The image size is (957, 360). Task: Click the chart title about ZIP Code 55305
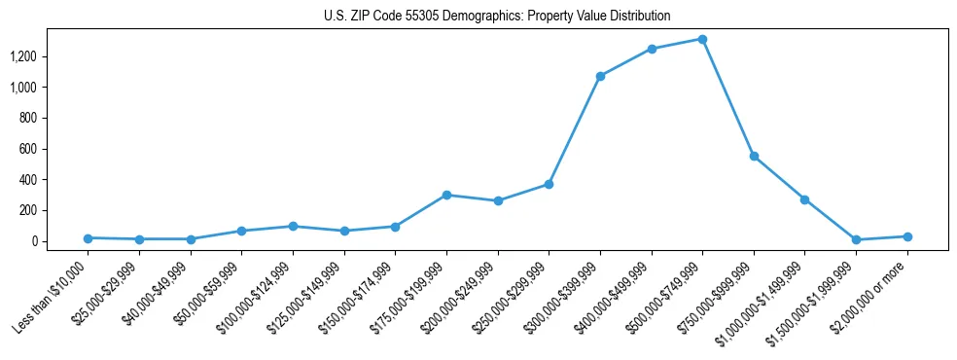497,17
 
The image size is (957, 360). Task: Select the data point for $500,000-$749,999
702,39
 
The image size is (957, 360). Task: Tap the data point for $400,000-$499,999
652,49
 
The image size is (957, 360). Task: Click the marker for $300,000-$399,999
600,76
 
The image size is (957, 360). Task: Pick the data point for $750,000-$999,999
754,156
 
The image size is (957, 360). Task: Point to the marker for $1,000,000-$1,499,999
804,199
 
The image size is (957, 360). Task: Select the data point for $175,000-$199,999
446,195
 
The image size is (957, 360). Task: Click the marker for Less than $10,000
89,238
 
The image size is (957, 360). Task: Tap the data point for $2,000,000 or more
907,236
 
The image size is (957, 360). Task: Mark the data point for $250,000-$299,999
549,184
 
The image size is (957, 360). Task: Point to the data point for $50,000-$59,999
242,231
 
